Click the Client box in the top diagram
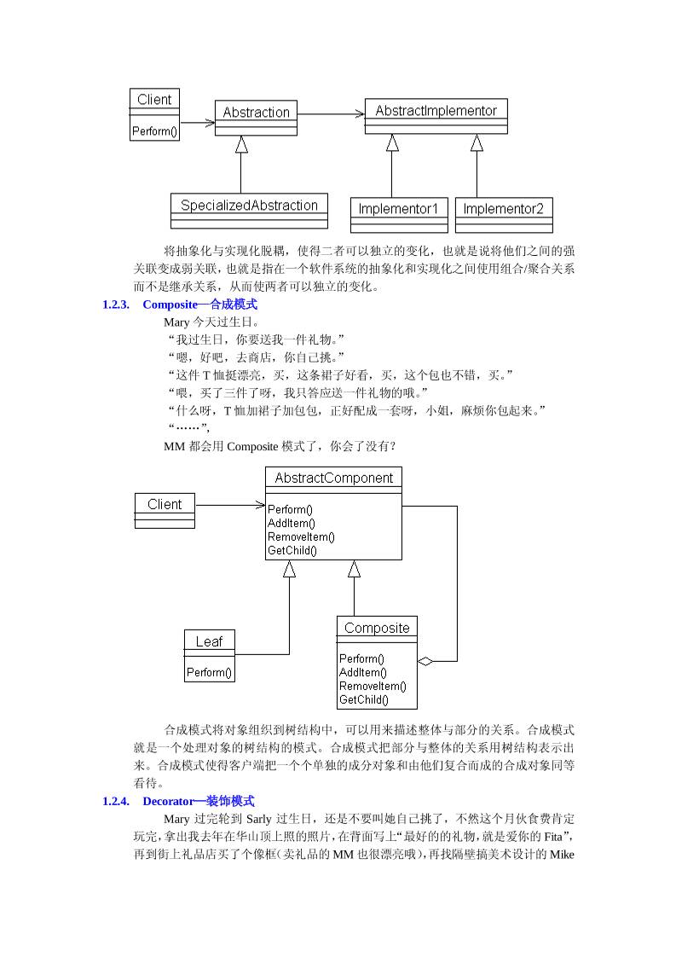154,113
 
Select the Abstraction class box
256,118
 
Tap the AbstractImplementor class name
436,111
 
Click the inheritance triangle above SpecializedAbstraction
241,144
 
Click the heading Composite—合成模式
199,304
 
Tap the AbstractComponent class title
333,478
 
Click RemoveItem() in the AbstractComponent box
301,536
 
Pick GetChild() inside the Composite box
363,699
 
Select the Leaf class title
209,641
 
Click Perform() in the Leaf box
209,672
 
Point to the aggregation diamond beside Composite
425,661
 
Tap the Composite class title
377,628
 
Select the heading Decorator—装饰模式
198,802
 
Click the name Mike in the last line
563,854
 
